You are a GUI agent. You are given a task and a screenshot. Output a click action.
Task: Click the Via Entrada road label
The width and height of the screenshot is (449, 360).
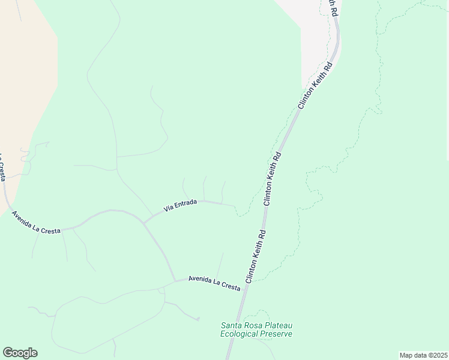point(181,206)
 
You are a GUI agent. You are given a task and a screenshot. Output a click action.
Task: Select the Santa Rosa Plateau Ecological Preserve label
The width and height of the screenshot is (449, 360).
point(256,329)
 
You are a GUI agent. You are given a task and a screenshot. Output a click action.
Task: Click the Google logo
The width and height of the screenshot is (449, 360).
point(20,353)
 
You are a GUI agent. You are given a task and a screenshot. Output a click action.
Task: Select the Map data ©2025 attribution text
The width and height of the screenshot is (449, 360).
point(423,355)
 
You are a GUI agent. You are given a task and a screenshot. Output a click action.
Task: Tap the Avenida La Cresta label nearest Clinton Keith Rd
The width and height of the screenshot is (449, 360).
point(214,283)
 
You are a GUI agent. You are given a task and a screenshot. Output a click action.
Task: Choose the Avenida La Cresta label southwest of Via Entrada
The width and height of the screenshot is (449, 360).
point(36,223)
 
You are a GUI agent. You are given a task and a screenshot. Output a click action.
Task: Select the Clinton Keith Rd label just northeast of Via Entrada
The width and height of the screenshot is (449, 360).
point(273,178)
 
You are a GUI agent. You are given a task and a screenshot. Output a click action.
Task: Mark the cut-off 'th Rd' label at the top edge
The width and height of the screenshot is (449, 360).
point(332,7)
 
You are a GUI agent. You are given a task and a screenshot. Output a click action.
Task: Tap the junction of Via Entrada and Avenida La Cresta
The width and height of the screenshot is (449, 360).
point(144,221)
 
